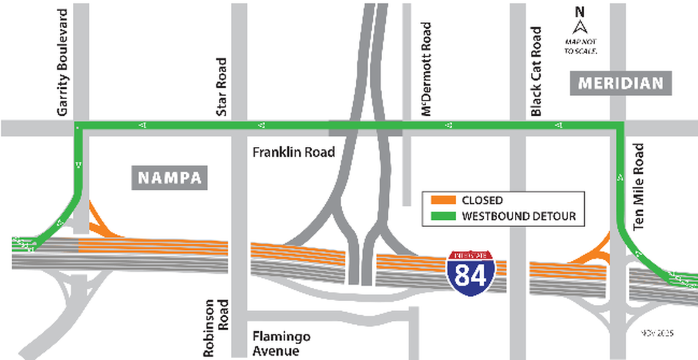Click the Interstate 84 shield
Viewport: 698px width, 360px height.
pyautogui.click(x=470, y=272)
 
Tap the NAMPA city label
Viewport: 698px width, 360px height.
pyautogui.click(x=170, y=178)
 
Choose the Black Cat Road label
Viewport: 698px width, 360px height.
pyautogui.click(x=536, y=72)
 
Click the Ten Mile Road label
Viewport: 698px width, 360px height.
pyautogui.click(x=639, y=187)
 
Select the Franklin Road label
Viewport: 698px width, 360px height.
pyautogui.click(x=294, y=151)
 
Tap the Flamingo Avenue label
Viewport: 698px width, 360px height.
pyautogui.click(x=281, y=343)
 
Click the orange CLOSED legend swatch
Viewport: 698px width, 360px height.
pyautogui.click(x=441, y=200)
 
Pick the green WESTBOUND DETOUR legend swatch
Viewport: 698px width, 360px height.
pyautogui.click(x=441, y=216)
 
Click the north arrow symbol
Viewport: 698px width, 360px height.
pyautogui.click(x=579, y=28)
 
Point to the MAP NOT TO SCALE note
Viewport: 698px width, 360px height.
pyautogui.click(x=580, y=46)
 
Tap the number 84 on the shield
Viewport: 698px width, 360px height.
pyautogui.click(x=470, y=276)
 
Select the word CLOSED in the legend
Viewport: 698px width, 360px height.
pyautogui.click(x=482, y=200)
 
